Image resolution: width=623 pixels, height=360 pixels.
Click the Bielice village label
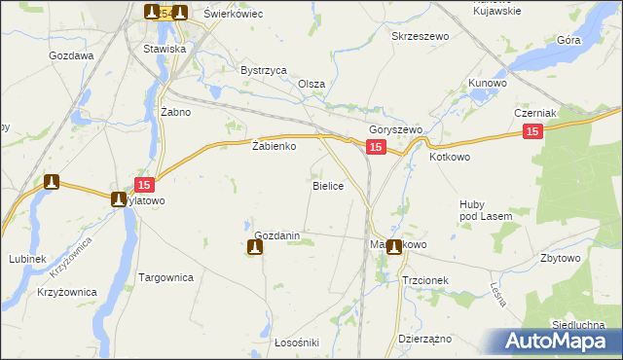coord(327,185)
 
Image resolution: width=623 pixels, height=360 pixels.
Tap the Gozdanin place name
coord(282,235)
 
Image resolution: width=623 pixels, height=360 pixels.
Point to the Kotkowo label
coord(450,156)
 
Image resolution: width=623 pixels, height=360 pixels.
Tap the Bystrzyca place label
coord(263,70)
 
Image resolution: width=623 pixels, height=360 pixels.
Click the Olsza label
coord(311,84)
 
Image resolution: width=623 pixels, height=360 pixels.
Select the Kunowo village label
coord(488,84)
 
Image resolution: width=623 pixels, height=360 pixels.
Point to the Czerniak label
coord(534,113)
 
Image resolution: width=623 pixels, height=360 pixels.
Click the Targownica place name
coord(166,277)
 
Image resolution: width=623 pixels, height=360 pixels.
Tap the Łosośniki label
coord(271,342)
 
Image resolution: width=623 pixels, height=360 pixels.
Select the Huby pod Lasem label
coord(479,209)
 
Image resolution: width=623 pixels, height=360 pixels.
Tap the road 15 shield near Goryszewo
coord(378,146)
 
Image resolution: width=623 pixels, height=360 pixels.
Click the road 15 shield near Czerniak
coord(531,131)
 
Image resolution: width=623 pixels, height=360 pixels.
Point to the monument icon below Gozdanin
coord(255,248)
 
